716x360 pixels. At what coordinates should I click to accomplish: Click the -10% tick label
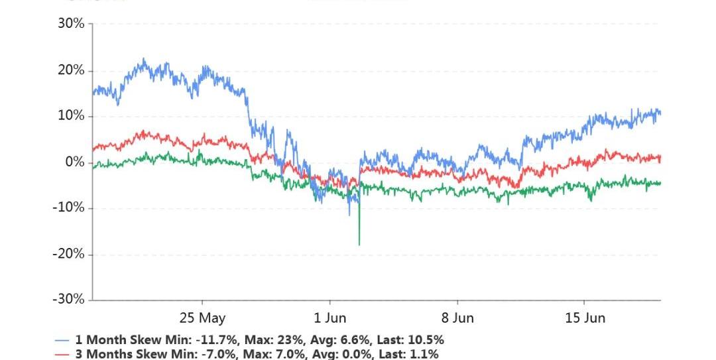pos(70,208)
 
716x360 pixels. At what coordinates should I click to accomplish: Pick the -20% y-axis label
pos(70,254)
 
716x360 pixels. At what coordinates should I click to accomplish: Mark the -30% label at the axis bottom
pos(70,300)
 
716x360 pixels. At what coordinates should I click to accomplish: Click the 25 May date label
pos(202,318)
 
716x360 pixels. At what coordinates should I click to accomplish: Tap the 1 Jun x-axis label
pos(330,318)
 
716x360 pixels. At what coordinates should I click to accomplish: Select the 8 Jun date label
pos(458,318)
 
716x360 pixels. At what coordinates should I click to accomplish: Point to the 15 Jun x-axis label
pos(585,318)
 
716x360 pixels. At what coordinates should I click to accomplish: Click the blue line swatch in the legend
pos(62,340)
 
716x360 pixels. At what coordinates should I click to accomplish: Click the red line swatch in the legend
pos(62,355)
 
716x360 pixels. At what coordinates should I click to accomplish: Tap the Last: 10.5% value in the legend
pos(410,340)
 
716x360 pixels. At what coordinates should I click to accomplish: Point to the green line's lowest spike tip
pos(359,245)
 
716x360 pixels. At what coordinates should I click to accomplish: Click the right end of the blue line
pos(660,113)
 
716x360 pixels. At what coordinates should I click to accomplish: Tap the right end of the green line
pos(660,184)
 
